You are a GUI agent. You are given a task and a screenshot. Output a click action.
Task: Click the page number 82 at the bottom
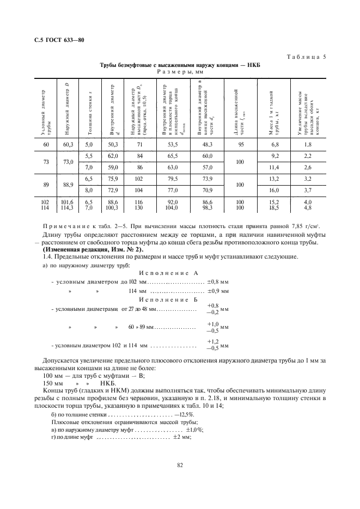tap(179, 464)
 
